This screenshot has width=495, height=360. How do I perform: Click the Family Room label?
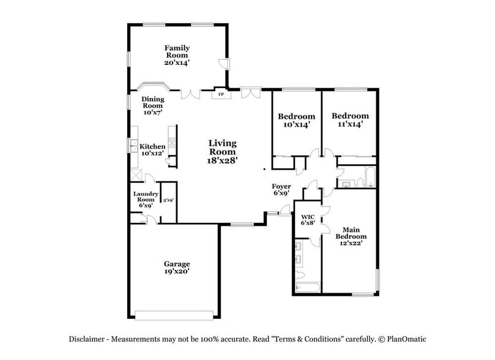[x=177, y=55]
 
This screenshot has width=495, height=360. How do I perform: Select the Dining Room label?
[x=152, y=105]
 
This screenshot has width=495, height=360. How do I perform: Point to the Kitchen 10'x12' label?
[x=152, y=150]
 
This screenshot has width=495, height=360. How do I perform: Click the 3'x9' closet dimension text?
[x=168, y=200]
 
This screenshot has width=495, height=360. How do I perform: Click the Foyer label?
[x=281, y=189]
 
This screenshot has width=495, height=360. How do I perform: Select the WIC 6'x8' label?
[x=307, y=220]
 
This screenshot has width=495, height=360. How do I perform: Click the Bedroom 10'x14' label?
[x=296, y=120]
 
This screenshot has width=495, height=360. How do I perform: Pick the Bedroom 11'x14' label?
[x=350, y=119]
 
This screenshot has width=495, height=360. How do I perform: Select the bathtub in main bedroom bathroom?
[x=307, y=287]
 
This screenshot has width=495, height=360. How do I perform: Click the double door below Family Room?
[x=191, y=93]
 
